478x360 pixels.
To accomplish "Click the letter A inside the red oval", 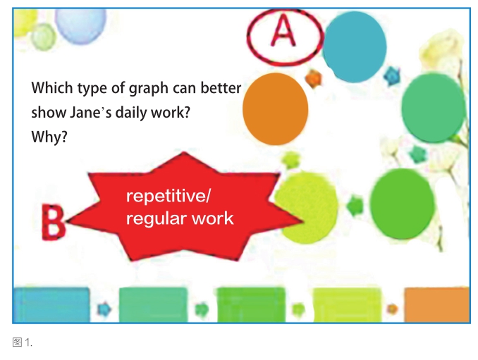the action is pos(283,31).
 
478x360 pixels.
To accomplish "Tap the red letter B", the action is pos(53,222).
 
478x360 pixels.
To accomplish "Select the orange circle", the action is pos(275,108).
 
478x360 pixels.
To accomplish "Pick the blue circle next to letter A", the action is pos(354,46).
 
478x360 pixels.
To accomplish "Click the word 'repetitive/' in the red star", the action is pos(168,196).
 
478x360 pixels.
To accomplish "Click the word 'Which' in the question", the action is pos(52,88).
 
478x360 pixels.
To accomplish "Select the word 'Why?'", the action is pos(49,137).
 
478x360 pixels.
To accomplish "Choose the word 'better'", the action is pos(221,88).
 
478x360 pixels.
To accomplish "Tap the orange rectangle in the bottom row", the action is pos(437,304).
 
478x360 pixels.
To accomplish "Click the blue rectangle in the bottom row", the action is pos(52,304).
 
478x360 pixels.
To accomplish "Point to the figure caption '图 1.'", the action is pos(23,342).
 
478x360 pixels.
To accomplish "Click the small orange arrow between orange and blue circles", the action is pos(314,78).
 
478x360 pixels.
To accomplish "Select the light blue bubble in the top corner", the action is pos(81,25).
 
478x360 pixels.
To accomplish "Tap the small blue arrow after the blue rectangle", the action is pos(104,309).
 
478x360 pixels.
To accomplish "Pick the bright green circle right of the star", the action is pos(402,204).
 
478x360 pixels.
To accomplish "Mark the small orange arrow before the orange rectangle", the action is pos(392,309).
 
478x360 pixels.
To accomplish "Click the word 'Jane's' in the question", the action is pos(90,113).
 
